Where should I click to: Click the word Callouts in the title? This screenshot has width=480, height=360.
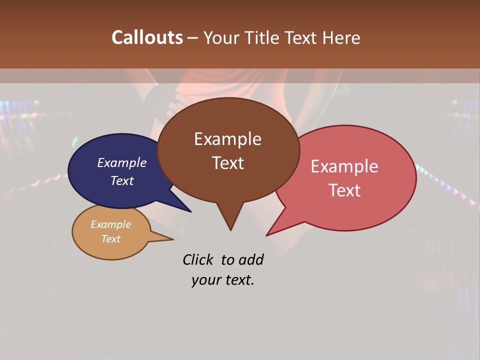[x=147, y=37]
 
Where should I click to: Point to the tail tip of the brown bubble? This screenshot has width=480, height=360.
[x=230, y=229]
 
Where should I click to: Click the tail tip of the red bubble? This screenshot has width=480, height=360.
[x=267, y=235]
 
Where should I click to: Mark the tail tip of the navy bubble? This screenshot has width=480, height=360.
[x=190, y=211]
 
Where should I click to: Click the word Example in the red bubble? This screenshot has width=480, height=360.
[x=344, y=166]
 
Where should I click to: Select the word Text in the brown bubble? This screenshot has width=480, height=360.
[x=228, y=163]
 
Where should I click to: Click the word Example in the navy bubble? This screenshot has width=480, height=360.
[x=122, y=162]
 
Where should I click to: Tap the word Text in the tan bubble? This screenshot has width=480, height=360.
[x=111, y=239]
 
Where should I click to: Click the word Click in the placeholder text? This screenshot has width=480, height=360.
[x=197, y=259]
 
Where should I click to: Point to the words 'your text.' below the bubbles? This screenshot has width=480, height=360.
[x=223, y=280]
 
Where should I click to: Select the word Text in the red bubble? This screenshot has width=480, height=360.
[x=345, y=190]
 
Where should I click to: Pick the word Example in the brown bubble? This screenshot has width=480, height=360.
[x=228, y=139]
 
